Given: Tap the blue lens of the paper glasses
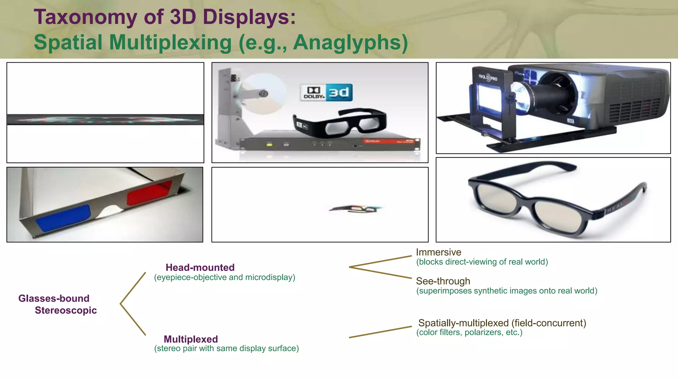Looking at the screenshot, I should [63, 218].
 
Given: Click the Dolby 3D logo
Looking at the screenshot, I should [326, 93].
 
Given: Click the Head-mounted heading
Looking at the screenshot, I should [200, 267].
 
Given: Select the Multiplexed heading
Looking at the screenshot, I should [191, 339].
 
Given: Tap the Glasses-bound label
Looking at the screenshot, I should [54, 299].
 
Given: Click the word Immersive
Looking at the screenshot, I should [438, 252].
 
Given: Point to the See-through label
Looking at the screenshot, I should [443, 281].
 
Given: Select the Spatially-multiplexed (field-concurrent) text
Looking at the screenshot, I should [502, 323].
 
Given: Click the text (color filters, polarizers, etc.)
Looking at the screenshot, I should [469, 332].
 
